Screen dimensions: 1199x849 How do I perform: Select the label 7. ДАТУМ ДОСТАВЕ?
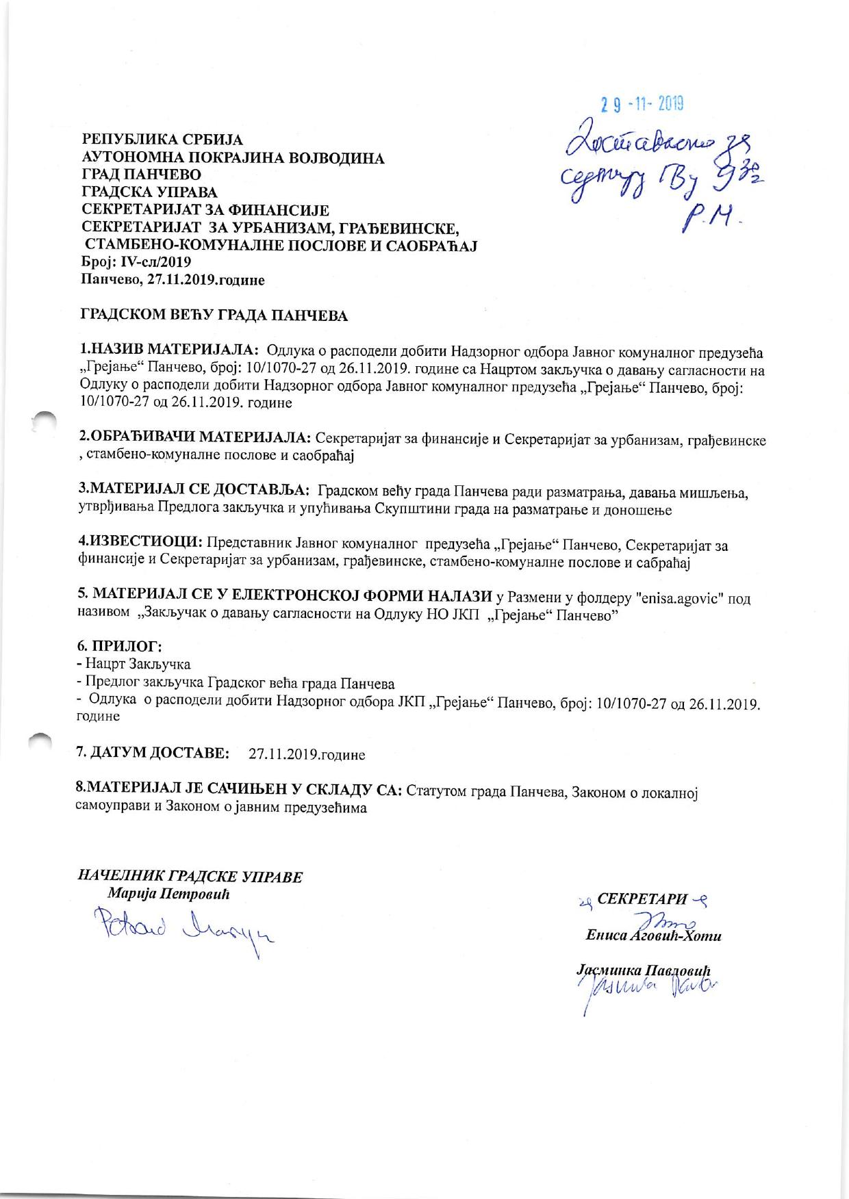pyautogui.click(x=154, y=753)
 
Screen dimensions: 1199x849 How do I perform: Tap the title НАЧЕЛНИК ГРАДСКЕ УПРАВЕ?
pyautogui.click(x=190, y=877)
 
